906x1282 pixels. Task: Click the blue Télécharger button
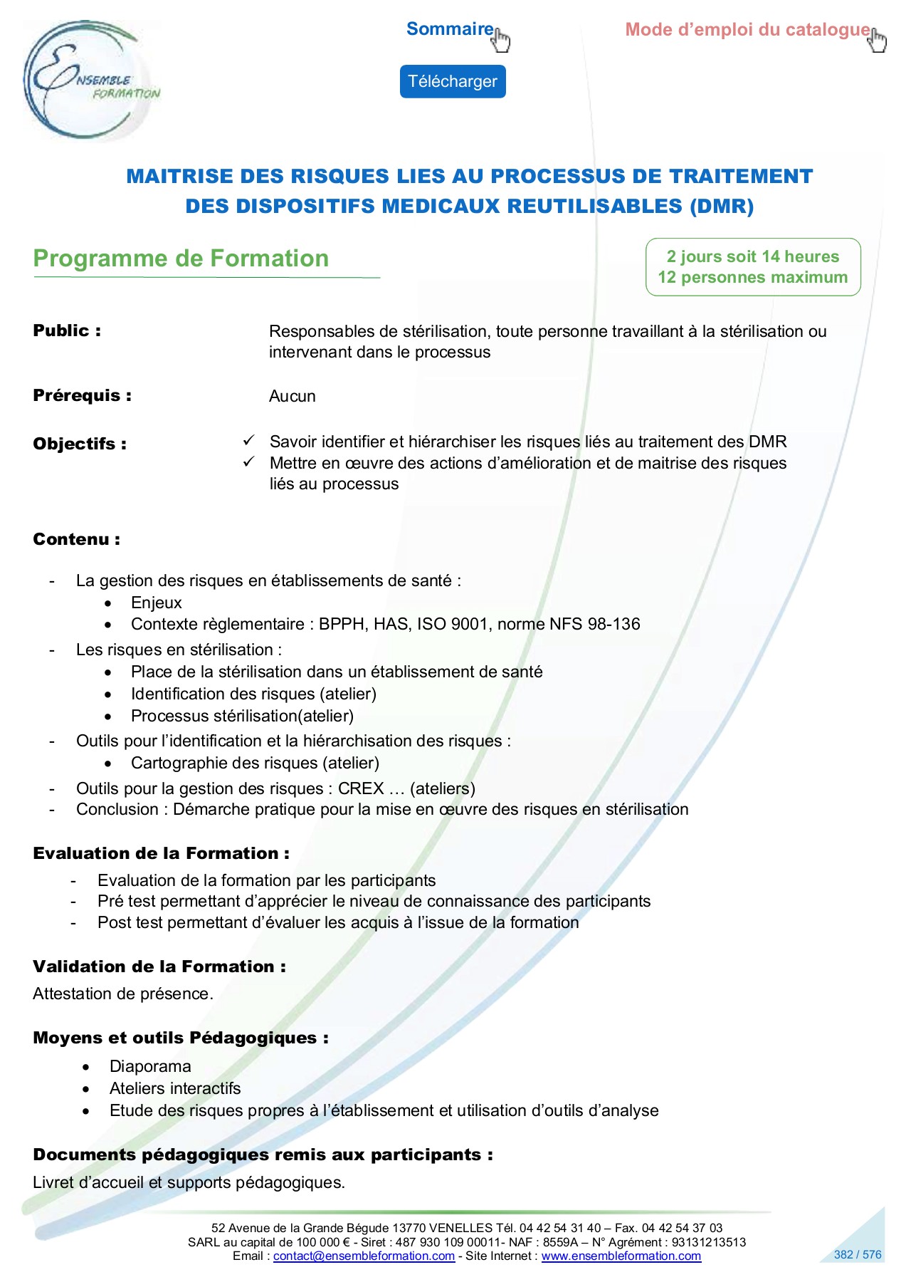452,81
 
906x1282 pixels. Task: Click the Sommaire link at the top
450,29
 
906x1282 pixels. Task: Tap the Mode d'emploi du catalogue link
747,30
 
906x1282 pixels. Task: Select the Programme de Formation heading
181,259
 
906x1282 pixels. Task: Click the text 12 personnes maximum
752,278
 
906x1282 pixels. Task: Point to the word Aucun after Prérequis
292,396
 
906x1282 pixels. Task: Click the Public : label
67,331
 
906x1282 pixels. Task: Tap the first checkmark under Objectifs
248,441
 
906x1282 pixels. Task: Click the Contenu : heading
76,539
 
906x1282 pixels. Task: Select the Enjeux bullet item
157,603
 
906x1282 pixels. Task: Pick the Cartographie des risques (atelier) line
255,763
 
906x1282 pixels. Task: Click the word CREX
361,788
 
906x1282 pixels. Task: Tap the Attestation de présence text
122,994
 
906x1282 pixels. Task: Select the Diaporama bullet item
150,1066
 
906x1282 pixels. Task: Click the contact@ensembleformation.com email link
364,1256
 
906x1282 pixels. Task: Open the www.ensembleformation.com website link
621,1256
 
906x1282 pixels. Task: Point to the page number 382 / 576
857,1254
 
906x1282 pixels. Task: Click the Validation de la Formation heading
159,966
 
